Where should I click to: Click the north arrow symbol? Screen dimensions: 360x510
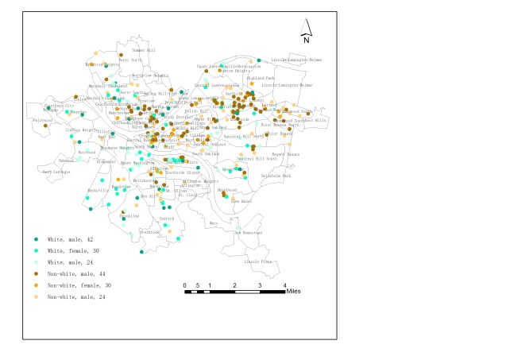(x=307, y=28)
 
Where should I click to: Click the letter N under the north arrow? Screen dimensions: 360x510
(x=307, y=40)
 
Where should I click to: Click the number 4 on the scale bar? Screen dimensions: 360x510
(x=284, y=285)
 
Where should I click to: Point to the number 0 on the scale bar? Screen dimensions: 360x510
(x=185, y=285)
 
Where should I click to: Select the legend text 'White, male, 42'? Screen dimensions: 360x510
(x=71, y=239)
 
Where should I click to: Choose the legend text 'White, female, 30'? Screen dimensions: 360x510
(x=75, y=251)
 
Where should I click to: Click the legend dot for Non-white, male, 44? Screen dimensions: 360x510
(x=35, y=273)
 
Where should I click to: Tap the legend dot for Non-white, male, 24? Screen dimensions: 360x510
(x=35, y=296)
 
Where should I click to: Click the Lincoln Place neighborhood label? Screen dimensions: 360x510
(x=258, y=261)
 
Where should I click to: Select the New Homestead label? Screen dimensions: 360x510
(x=247, y=232)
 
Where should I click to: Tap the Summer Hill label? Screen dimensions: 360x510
(x=144, y=50)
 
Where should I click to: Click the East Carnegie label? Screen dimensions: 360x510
(x=56, y=171)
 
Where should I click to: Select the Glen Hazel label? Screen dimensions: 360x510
(x=241, y=201)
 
